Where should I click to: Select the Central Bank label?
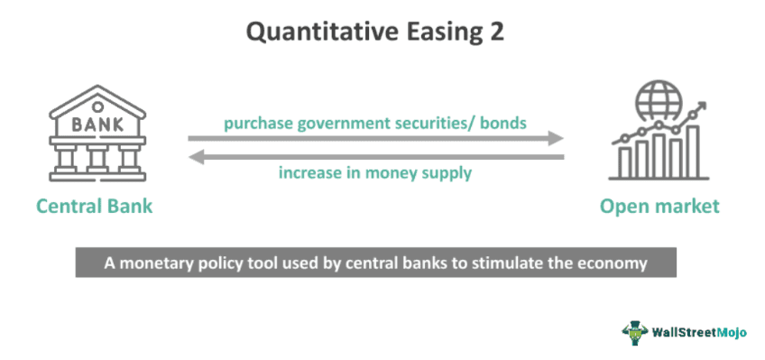[94, 207]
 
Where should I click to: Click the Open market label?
[659, 207]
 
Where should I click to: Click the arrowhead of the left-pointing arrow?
[195, 157]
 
